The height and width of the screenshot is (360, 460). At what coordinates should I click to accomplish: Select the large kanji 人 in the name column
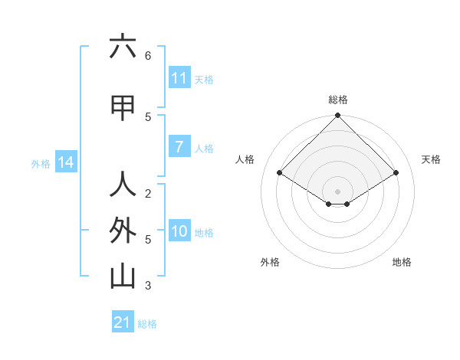(x=123, y=185)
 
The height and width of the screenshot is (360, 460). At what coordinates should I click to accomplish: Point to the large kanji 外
(x=123, y=231)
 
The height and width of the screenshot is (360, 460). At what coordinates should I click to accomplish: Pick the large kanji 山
(x=123, y=277)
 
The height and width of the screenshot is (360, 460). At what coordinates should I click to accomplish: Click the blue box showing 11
(x=179, y=78)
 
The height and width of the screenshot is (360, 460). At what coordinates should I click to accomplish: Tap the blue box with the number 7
(x=179, y=147)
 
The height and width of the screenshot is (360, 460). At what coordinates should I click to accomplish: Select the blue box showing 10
(x=179, y=231)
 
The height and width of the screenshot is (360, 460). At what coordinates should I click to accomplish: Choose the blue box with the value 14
(x=65, y=162)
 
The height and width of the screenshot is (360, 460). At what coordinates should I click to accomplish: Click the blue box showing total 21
(x=122, y=322)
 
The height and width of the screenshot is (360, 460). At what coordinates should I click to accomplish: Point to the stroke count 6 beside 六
(x=148, y=56)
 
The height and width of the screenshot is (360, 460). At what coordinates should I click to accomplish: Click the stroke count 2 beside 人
(x=148, y=193)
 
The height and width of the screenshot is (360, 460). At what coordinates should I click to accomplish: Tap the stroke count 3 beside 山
(x=148, y=286)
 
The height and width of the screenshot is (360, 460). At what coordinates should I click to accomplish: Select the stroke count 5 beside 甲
(x=148, y=116)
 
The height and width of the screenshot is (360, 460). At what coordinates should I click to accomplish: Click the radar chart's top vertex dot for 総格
(x=337, y=116)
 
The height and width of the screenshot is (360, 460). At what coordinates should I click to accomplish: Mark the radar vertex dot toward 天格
(x=396, y=173)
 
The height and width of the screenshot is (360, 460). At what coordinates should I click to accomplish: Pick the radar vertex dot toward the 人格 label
(x=279, y=173)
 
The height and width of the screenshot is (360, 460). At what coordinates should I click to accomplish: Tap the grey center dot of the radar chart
(x=337, y=191)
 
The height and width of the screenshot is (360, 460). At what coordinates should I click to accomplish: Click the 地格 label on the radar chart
(x=402, y=262)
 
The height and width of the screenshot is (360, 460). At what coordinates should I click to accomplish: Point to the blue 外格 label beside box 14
(x=41, y=163)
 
